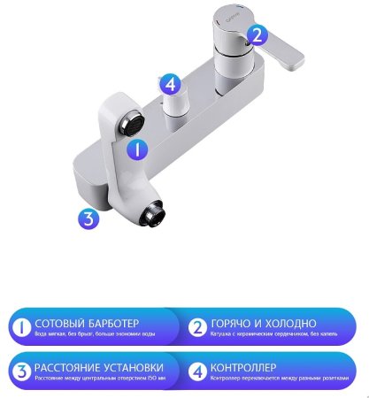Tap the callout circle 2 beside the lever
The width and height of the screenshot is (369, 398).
point(256,35)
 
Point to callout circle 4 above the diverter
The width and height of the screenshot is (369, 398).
point(173,86)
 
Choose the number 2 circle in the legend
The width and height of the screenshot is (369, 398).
point(196,327)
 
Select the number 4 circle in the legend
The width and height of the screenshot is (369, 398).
point(196,371)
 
